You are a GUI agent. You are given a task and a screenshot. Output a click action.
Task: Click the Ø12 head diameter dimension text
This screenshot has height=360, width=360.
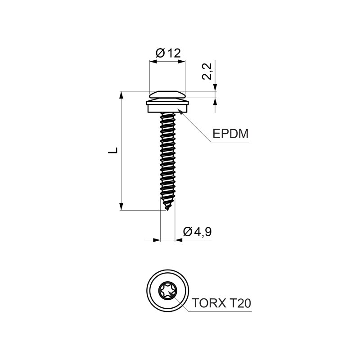[168, 53]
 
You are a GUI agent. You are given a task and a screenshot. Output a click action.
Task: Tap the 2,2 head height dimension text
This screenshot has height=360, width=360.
[207, 72]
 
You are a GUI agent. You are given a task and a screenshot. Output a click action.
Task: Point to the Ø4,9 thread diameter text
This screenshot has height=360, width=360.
[198, 232]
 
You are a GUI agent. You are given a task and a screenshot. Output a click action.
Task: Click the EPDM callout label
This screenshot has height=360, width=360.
[230, 134]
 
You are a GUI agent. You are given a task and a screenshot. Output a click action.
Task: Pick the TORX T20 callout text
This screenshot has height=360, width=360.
[221, 303]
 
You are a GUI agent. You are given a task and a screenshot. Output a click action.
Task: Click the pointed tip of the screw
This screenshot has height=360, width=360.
[168, 210]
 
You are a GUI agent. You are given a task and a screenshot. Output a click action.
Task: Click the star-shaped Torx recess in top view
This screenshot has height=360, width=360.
[168, 291]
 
